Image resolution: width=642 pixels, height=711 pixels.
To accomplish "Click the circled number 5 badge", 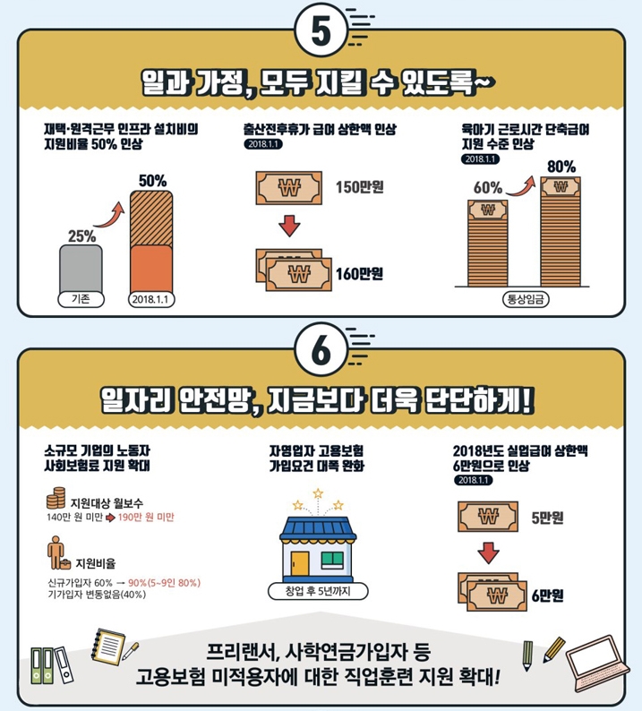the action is [x=321, y=31].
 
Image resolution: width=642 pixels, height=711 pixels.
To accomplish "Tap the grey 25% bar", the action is [x=81, y=270].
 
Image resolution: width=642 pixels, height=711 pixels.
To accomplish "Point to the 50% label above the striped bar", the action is [x=153, y=181].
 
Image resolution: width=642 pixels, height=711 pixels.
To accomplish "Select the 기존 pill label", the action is [x=81, y=299].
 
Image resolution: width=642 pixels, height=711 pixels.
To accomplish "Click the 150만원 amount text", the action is [x=360, y=187].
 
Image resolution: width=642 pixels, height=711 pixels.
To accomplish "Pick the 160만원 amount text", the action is [x=360, y=274].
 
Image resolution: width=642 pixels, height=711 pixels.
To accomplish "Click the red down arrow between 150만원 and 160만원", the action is [x=289, y=226].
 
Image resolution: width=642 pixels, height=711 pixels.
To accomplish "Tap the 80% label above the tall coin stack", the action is [x=561, y=167].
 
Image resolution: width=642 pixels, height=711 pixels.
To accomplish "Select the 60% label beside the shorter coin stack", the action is [x=488, y=188].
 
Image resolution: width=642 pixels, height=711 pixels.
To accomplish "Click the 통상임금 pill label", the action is [x=526, y=299].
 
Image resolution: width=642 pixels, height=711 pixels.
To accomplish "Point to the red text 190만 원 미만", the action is [x=146, y=518].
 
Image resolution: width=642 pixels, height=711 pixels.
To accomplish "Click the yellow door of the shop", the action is [x=300, y=563].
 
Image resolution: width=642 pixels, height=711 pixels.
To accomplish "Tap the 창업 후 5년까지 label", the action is [x=318, y=591].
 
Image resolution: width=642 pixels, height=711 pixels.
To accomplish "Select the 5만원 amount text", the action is [x=547, y=518].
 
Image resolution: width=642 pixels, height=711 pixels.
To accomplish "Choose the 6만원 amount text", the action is [x=547, y=595].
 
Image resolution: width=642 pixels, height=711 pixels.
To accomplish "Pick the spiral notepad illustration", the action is [x=108, y=646].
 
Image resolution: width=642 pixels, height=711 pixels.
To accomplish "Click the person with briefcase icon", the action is [x=58, y=553].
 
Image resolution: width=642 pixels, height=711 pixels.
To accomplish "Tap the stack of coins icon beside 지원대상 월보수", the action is [x=56, y=498].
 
